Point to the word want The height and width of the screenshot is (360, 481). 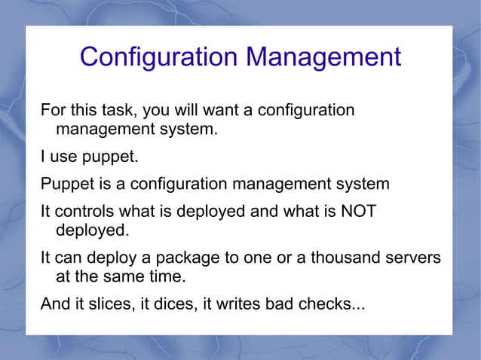point(221,110)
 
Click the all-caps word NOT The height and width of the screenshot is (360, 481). point(359,211)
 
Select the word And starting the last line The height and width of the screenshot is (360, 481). point(55,304)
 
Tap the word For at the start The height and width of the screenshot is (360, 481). point(53,110)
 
